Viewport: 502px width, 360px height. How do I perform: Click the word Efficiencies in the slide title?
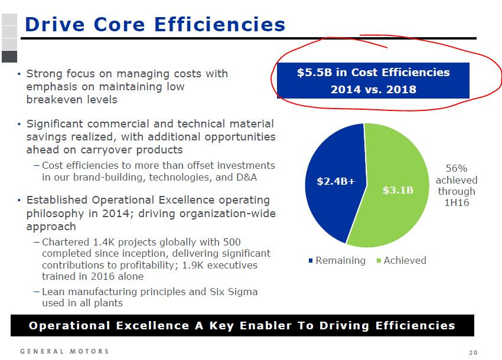(x=220, y=24)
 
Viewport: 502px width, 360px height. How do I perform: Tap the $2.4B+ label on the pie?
(x=336, y=181)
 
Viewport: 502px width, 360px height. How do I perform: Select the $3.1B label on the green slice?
(x=398, y=190)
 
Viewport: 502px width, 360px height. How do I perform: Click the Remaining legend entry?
(x=337, y=260)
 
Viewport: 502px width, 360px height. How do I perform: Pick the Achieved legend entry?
(x=402, y=260)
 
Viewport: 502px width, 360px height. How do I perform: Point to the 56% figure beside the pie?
(x=456, y=168)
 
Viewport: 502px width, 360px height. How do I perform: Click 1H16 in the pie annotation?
(x=457, y=202)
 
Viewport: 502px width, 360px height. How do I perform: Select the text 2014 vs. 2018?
(x=373, y=89)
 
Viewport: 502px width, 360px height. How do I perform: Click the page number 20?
(x=473, y=353)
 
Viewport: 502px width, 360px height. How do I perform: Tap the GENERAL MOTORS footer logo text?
(x=64, y=351)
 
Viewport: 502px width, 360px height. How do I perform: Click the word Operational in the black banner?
(x=70, y=325)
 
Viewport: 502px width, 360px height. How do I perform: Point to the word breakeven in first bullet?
(x=71, y=100)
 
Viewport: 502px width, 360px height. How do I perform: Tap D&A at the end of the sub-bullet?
(x=246, y=177)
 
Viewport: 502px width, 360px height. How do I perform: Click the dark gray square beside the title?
(x=9, y=57)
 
